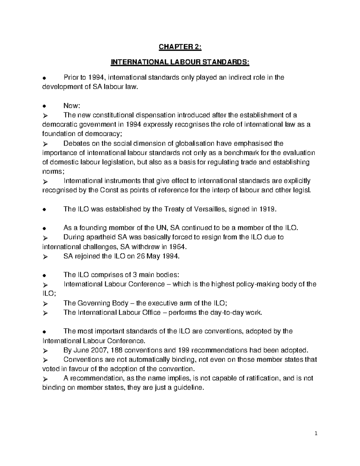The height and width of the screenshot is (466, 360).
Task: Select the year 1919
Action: tap(268, 209)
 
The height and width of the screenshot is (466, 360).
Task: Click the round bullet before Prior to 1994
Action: tap(44, 78)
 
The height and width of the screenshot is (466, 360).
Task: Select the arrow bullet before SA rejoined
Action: tap(45, 257)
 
